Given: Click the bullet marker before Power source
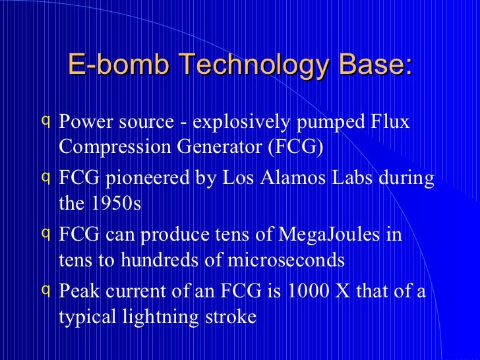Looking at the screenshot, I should click(x=44, y=121).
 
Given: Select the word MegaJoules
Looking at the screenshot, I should click(x=320, y=235).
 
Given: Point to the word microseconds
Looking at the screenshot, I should click(x=287, y=260).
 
